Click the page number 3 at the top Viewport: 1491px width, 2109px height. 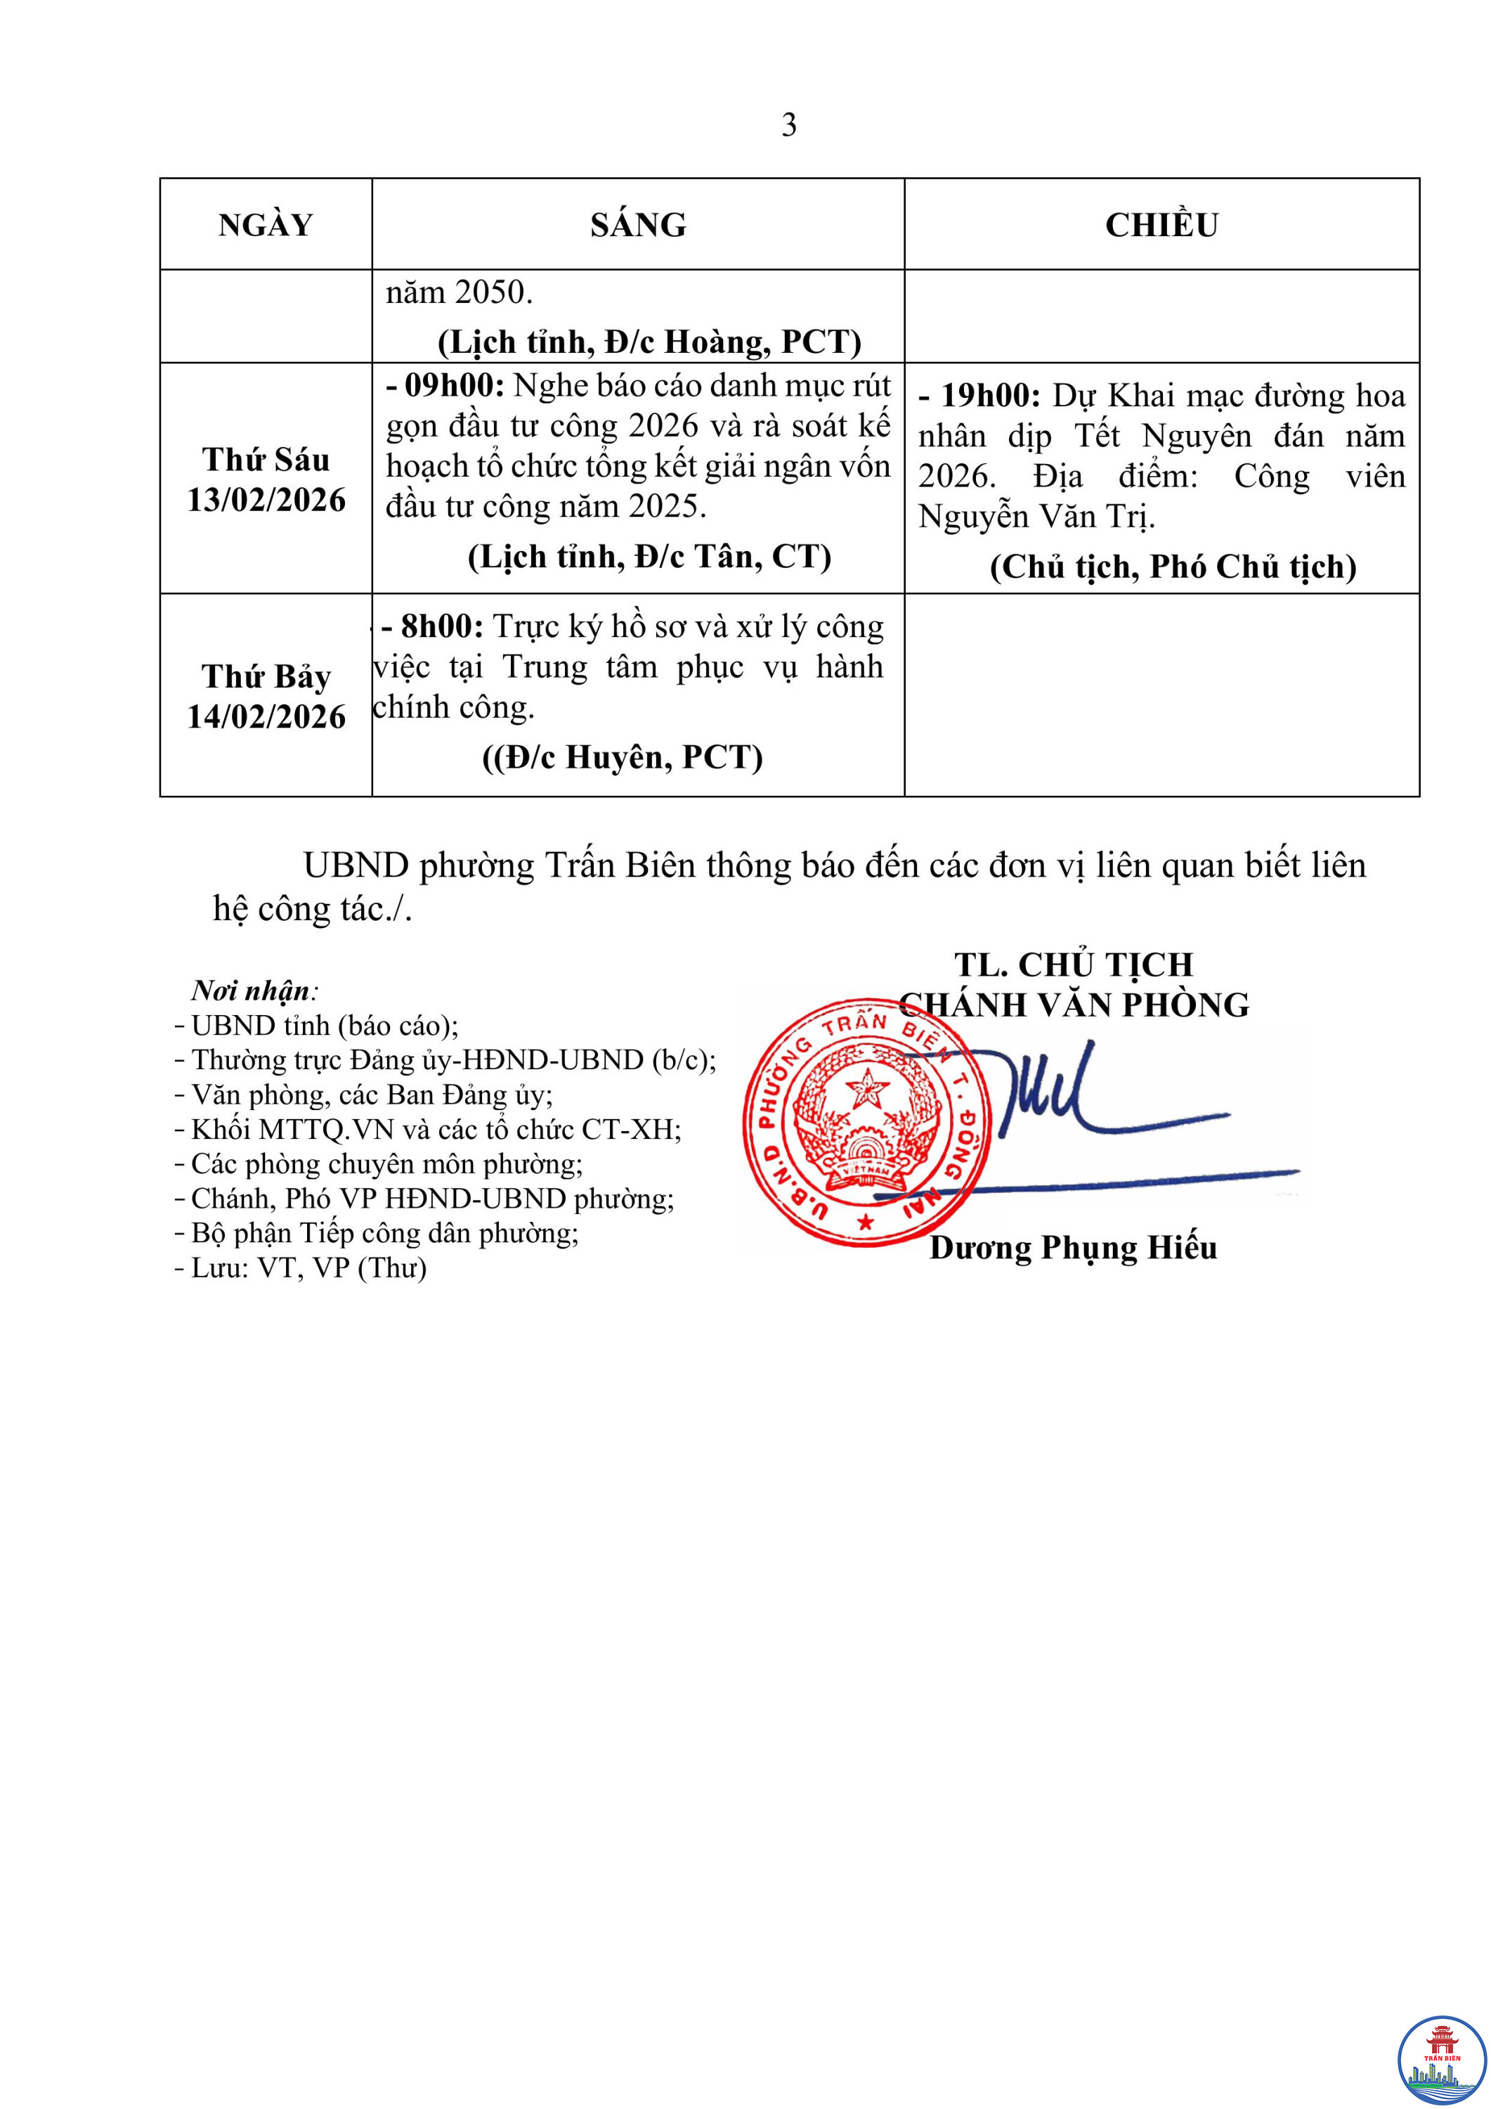pyautogui.click(x=788, y=125)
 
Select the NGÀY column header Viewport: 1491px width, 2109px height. pyautogui.click(x=266, y=225)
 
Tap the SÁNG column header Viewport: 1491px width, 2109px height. pyautogui.click(x=638, y=225)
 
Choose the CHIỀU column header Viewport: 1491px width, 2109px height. pyautogui.click(x=1161, y=225)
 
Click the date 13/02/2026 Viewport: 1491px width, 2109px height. pyautogui.click(x=266, y=501)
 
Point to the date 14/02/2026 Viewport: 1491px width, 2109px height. pyautogui.click(x=266, y=717)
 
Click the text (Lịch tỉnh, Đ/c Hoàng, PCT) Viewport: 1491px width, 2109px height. pyautogui.click(x=649, y=342)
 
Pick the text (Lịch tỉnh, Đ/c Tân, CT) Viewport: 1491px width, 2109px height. pyautogui.click(x=649, y=557)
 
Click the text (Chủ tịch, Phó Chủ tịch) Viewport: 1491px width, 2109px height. pyautogui.click(x=1173, y=567)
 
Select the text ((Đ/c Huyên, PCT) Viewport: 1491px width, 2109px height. pyautogui.click(x=623, y=758)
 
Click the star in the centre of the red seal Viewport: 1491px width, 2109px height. pyautogui.click(x=866, y=1091)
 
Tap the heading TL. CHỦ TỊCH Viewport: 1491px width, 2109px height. pyautogui.click(x=1073, y=965)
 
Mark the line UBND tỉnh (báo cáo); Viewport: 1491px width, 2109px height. pyautogui.click(x=324, y=1026)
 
